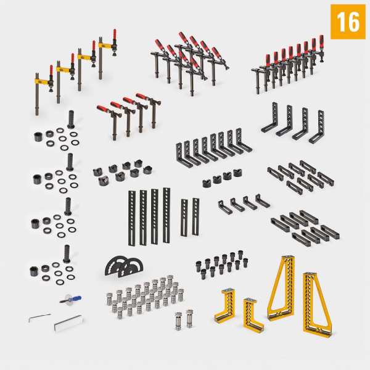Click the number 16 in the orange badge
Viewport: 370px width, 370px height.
(348, 22)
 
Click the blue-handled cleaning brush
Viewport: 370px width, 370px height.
(70, 300)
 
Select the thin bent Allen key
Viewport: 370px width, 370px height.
(39, 318)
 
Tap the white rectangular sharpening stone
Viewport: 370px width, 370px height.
(68, 323)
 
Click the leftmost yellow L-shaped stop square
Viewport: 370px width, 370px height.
(224, 307)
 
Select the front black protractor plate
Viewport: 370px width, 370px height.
(131, 268)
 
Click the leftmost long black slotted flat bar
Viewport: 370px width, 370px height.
(132, 218)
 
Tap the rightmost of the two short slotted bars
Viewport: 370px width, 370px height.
(195, 216)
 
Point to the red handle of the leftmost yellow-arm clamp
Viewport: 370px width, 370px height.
(51, 70)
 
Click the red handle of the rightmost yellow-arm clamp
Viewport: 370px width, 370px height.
(115, 34)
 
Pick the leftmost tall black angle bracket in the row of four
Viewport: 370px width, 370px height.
(269, 117)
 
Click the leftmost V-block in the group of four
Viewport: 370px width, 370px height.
(207, 184)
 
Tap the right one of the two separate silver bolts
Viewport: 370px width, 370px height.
(189, 318)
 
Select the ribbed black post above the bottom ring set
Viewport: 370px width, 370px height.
(67, 254)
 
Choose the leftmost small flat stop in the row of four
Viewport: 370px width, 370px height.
(224, 206)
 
